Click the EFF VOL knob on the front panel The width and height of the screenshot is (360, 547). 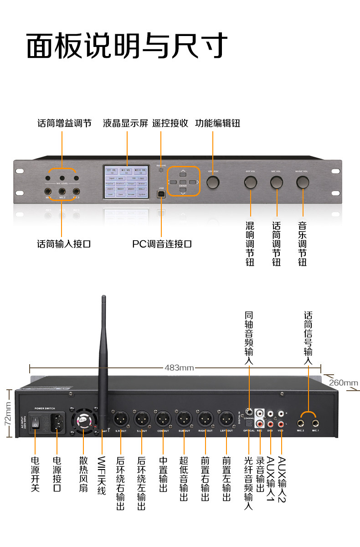pyautogui.click(x=250, y=182)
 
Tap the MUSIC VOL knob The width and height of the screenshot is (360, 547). pyautogui.click(x=302, y=182)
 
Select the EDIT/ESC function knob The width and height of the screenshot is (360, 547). pyautogui.click(x=213, y=182)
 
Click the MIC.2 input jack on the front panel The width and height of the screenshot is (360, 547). pyautogui.click(x=62, y=192)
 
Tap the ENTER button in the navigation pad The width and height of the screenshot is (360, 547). pyautogui.click(x=183, y=182)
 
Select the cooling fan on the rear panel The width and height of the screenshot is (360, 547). pyautogui.click(x=83, y=420)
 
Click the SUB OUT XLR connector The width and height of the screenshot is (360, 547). pyautogui.click(x=184, y=418)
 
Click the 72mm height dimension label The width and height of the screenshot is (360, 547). pyautogui.click(x=7, y=413)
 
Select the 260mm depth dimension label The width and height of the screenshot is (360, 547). pyautogui.click(x=343, y=382)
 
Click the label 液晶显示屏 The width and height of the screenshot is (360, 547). pyautogui.click(x=125, y=124)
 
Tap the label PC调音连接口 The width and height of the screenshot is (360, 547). pyautogui.click(x=162, y=244)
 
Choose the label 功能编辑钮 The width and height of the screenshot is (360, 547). pyautogui.click(x=217, y=124)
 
